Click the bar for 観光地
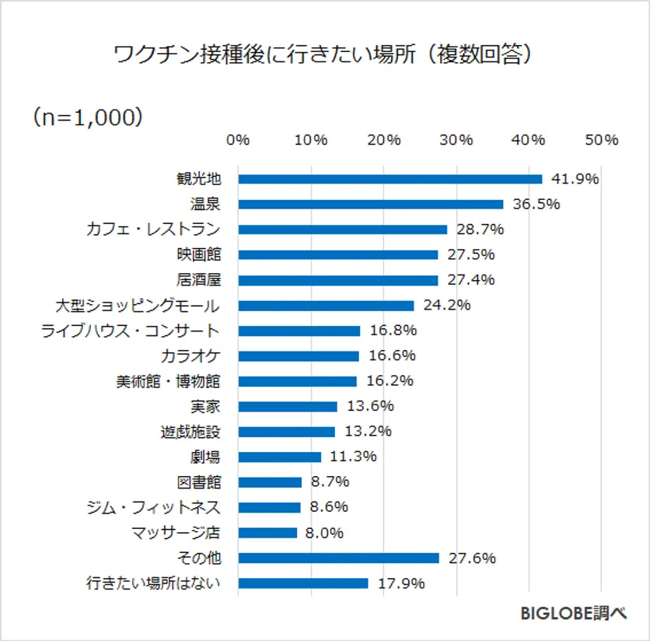point(389,179)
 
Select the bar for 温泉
point(370,204)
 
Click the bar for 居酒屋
point(337,280)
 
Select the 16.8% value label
point(393,331)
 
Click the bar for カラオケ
point(299,356)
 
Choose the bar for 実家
point(288,406)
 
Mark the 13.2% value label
point(368,432)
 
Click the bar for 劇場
point(279,457)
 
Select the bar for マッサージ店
point(267,533)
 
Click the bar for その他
point(338,558)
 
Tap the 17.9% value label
point(401,583)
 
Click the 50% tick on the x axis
point(602,140)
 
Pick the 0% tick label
point(238,140)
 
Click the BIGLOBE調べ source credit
point(573,613)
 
